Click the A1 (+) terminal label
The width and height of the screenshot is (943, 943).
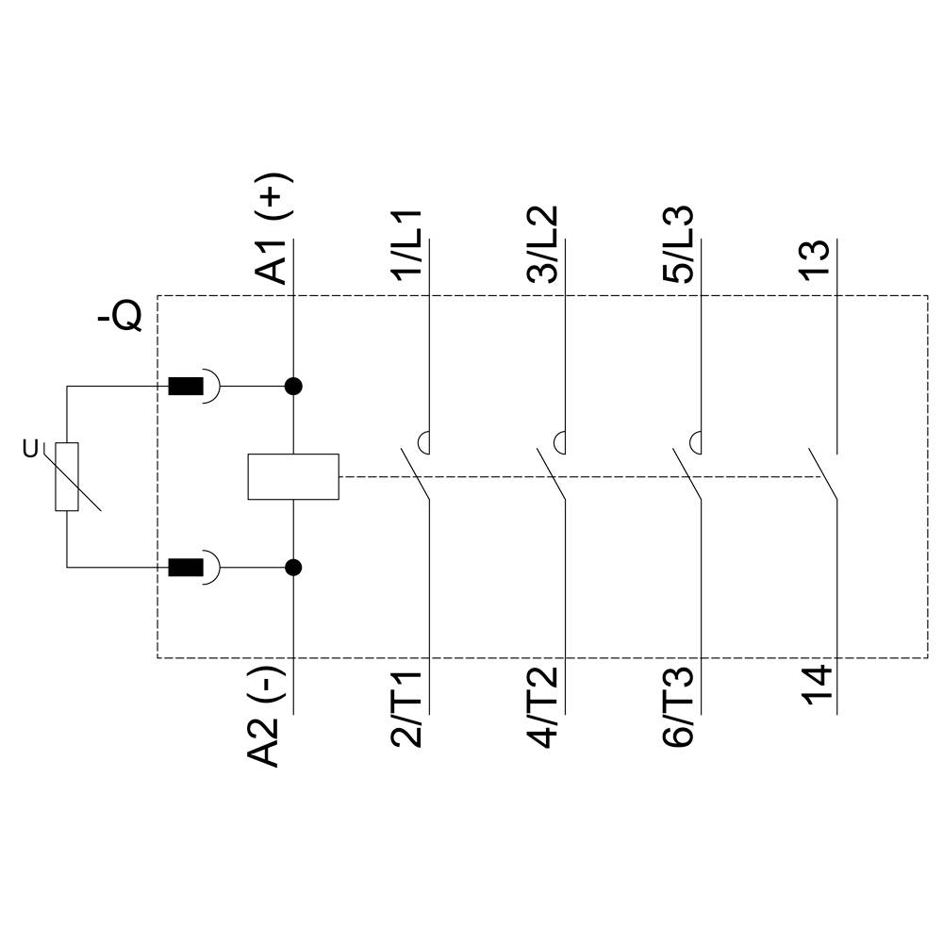point(273,229)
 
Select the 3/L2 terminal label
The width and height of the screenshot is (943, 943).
point(543,244)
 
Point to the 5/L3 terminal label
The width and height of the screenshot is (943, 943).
point(679,244)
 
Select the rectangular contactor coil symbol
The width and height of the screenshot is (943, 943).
point(293,476)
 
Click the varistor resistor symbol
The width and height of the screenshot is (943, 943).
point(67,476)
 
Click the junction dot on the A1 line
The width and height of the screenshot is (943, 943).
point(293,386)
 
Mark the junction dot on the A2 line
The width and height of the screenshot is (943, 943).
point(293,567)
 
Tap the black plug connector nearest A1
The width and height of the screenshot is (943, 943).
point(186,386)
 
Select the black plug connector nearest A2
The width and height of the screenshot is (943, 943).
point(186,567)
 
